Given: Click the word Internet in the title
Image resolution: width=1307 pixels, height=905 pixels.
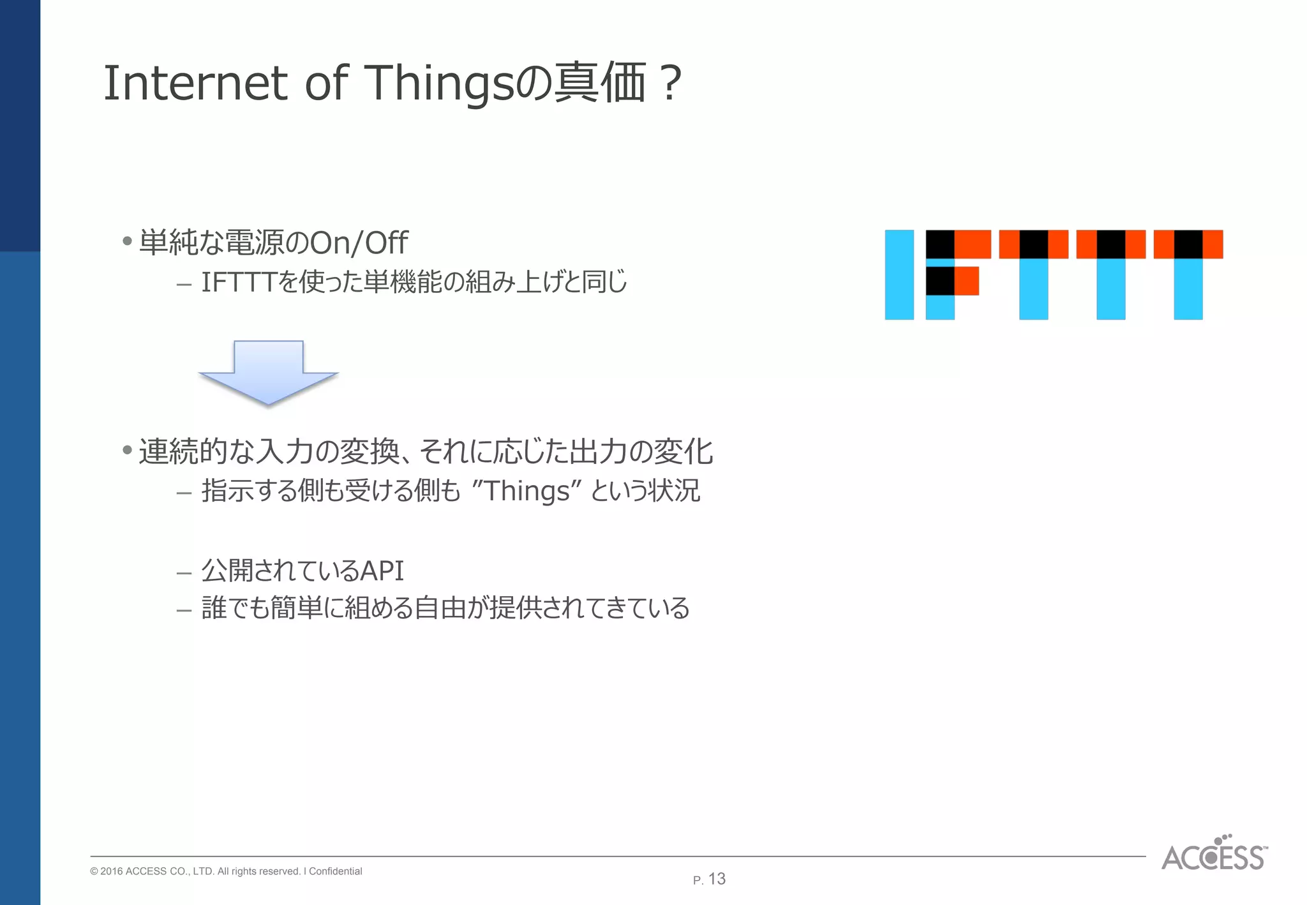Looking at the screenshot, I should tap(195, 83).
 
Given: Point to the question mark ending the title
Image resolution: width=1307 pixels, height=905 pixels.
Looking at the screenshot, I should tap(671, 83).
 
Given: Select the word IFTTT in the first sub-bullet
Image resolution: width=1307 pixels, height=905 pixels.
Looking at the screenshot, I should tap(239, 282).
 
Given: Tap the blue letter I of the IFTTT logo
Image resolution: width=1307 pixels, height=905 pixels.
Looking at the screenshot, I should tap(899, 274).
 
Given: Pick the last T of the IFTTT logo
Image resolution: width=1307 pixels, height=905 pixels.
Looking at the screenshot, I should tap(1188, 274).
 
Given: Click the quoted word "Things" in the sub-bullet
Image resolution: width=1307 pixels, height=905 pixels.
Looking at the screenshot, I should tap(527, 491).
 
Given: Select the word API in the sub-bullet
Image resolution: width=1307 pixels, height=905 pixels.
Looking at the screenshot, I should tap(382, 571).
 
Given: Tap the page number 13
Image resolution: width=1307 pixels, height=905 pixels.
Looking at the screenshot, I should tap(717, 879).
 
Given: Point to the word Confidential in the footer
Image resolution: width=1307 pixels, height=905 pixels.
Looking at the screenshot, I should tap(335, 871).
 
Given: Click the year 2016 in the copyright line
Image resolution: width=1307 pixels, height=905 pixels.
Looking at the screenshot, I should tap(112, 871).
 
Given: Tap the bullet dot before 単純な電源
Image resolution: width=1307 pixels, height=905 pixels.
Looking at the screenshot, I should tap(128, 241).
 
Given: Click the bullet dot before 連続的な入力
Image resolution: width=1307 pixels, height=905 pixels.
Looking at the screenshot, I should tap(128, 451).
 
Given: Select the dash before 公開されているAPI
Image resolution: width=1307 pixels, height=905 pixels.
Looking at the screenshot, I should tap(184, 572).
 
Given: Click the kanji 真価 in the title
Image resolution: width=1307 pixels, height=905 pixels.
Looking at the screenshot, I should tap(600, 83).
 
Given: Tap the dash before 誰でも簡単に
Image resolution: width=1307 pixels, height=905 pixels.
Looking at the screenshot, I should tap(184, 610).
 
